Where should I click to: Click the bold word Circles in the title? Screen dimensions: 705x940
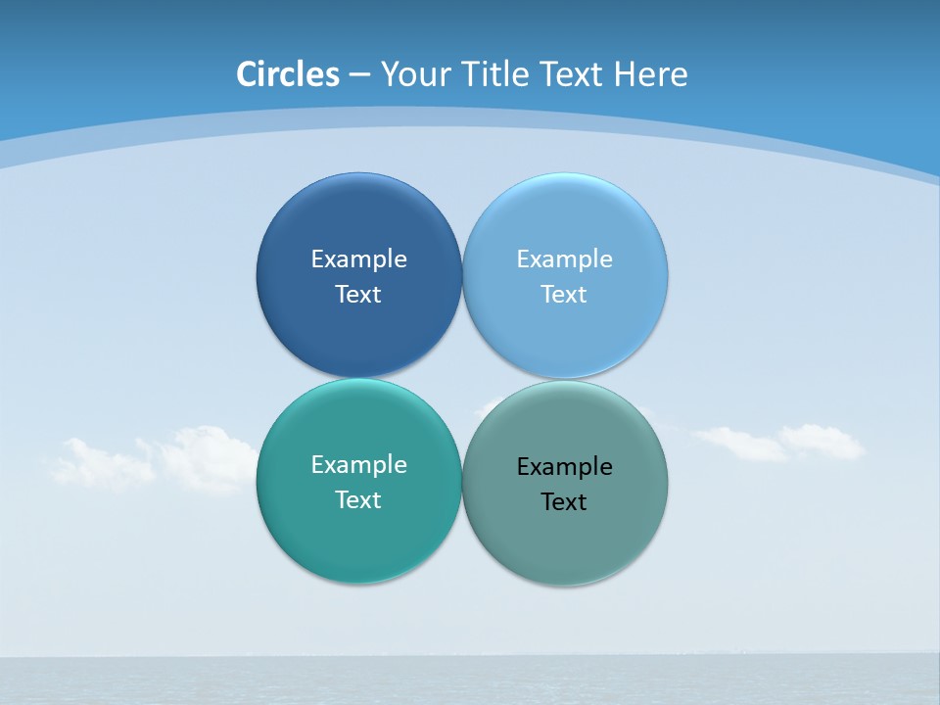tap(288, 74)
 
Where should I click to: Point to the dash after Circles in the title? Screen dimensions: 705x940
tap(359, 75)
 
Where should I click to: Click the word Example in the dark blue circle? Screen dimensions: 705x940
tap(358, 259)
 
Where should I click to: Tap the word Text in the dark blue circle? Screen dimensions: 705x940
tap(358, 295)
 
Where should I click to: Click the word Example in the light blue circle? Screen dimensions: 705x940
tap(564, 259)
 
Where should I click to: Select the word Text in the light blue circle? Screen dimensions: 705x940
tap(564, 295)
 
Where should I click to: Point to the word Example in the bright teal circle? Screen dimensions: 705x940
tap(358, 465)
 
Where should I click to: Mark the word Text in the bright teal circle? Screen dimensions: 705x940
tap(358, 500)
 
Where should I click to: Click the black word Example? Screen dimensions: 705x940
tap(564, 467)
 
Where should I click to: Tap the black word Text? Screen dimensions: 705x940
tap(564, 502)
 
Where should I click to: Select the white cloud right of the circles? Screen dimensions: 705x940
tap(783, 443)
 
